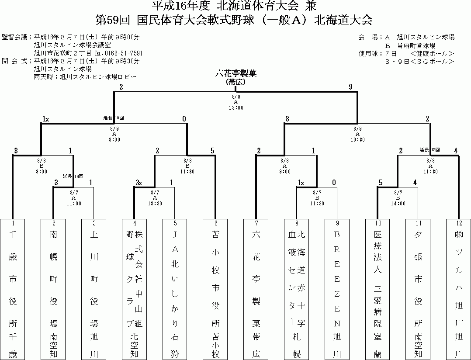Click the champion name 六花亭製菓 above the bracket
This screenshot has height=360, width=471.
[235, 73]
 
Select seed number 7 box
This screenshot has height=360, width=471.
[256, 223]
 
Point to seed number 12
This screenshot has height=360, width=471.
[458, 223]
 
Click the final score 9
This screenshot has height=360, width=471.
[351, 87]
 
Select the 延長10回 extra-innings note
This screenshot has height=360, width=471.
[114, 118]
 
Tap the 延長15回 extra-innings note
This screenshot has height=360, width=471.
[429, 149]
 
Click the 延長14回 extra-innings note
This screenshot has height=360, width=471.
[73, 176]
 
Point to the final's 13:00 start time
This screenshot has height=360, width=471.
[235, 107]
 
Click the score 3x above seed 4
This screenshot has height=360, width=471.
[139, 183]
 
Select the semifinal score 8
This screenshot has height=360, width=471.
[287, 118]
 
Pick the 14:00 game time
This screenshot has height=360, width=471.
[398, 203]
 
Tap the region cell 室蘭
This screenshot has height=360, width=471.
[377, 345]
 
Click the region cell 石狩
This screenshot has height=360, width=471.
[175, 345]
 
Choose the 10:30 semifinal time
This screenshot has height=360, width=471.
[357, 139]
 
